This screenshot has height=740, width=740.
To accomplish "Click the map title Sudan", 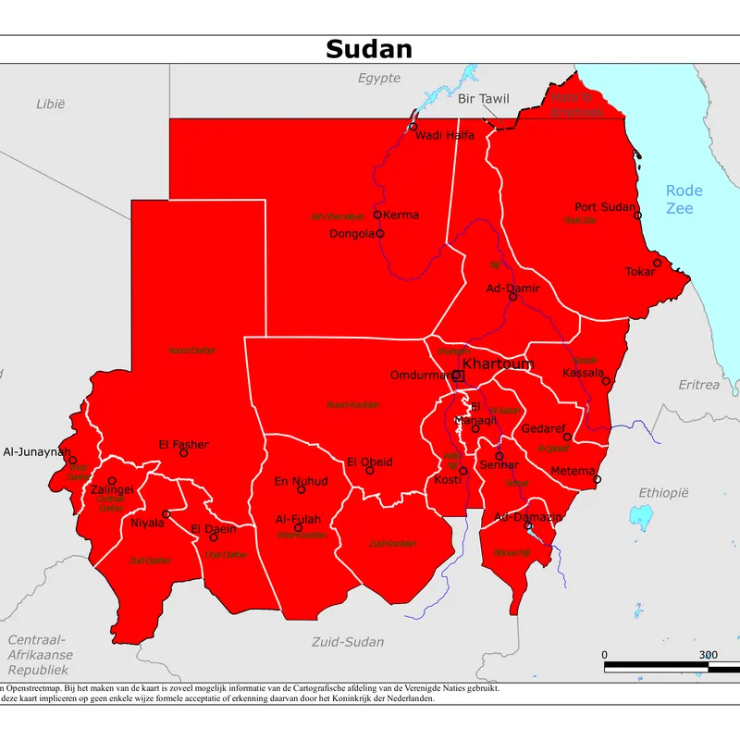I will pos(369,49).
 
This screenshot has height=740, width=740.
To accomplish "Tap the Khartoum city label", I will pos(498,364).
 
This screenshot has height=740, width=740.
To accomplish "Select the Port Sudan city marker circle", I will pos(637,215).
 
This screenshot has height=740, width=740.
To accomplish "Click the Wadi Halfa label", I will pos(445,135).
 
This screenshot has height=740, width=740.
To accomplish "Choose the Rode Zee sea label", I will pos(684,200).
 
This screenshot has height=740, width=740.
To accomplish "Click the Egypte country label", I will pos(379,78).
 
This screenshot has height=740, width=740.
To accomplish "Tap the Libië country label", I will pos(51,104).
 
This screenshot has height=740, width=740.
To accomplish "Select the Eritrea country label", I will pos(698,384).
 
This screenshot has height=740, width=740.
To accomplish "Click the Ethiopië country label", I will pos(664,493).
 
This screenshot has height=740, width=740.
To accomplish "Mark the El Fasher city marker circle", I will pos(183,453).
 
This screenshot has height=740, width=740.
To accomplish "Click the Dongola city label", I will pos(351,234).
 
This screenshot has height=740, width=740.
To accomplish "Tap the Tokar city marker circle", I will pos(658,263).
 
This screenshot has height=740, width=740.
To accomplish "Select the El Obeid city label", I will pos(370,462).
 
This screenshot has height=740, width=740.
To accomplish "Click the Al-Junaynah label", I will pos(36,452).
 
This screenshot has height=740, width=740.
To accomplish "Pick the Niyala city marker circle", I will pos(166,514).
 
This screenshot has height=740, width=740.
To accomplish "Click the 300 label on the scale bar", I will pos(708,654).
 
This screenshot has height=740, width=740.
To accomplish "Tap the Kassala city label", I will pos(583,373).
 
